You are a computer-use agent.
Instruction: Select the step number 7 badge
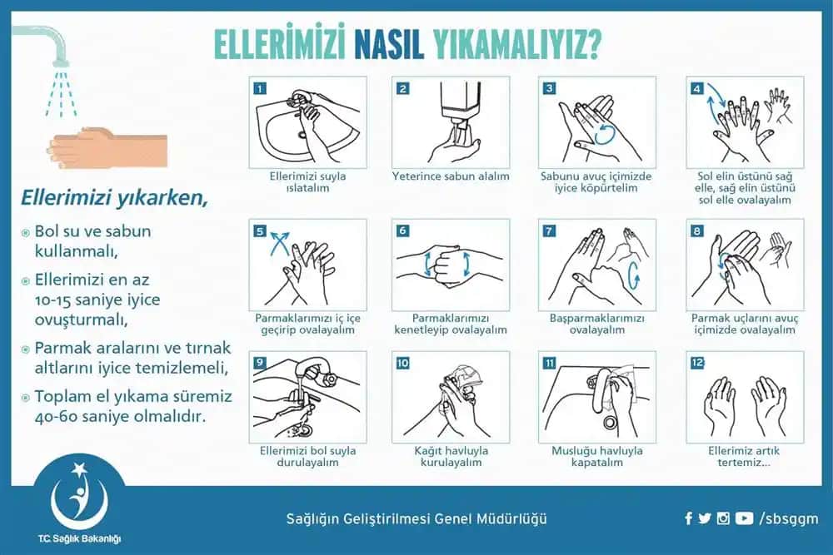[x=549, y=230]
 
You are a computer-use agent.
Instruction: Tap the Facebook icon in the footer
[x=688, y=518]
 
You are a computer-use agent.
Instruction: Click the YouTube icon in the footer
[x=744, y=518]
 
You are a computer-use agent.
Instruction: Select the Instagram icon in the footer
[x=723, y=518]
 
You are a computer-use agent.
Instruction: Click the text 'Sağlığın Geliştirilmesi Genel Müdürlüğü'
[x=416, y=518]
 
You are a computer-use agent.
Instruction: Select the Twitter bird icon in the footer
[x=705, y=518]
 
